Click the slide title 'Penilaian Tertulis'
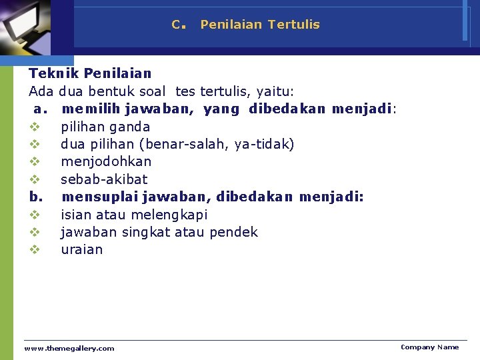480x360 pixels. [x=260, y=25]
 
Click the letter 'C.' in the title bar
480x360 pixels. [x=177, y=25]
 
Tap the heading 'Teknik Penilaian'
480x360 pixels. [x=90, y=73]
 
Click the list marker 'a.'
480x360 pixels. [x=39, y=109]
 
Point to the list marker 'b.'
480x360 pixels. [x=36, y=197]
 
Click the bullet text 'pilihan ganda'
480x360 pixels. [x=105, y=127]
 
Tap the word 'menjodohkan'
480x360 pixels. [x=106, y=161]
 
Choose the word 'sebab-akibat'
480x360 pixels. [x=104, y=179]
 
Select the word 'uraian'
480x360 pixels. [x=82, y=249]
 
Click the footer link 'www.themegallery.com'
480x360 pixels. [x=69, y=348]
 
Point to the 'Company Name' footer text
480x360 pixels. [x=429, y=347]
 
